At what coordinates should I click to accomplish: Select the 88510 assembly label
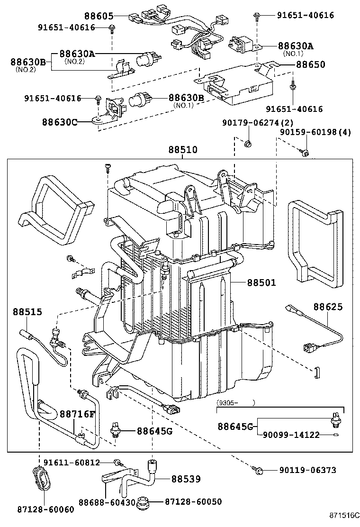coord(181,150)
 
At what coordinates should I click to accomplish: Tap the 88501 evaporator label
coord(261,283)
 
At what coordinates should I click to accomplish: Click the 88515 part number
coord(27,312)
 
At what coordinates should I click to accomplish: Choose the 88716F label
coord(77,414)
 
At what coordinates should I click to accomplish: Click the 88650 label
coord(311,64)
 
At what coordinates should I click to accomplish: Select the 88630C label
coord(60,121)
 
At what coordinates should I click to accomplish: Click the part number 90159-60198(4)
coord(315,132)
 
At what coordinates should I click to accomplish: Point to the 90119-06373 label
coord(307,470)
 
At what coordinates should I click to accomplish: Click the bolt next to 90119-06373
coord(259,470)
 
